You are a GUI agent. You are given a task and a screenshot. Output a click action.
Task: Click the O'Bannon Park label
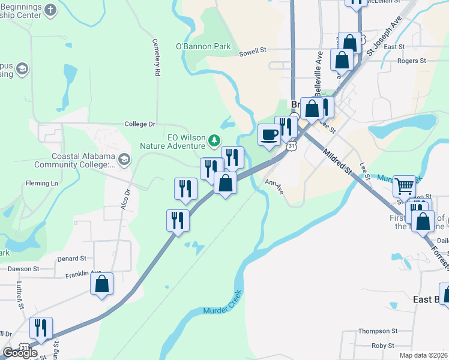tap(194, 46)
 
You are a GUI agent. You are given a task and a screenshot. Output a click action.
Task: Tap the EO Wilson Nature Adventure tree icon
tap(214, 141)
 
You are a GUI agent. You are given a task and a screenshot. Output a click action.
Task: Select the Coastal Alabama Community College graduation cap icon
tap(124, 159)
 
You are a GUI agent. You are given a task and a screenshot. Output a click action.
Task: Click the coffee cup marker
tap(268, 134)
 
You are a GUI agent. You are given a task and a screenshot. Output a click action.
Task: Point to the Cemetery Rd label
tap(157, 64)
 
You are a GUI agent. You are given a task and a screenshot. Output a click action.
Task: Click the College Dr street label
tap(140, 124)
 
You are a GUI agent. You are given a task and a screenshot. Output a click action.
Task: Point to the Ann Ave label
tap(274, 187)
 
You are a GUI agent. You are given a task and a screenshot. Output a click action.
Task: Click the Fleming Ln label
tap(41, 183)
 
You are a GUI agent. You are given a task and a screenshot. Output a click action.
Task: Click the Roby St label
tap(382, 346)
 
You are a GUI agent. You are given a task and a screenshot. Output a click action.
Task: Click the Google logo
tap(20, 353)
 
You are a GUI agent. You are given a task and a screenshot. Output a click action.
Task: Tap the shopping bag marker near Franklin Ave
tap(102, 284)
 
